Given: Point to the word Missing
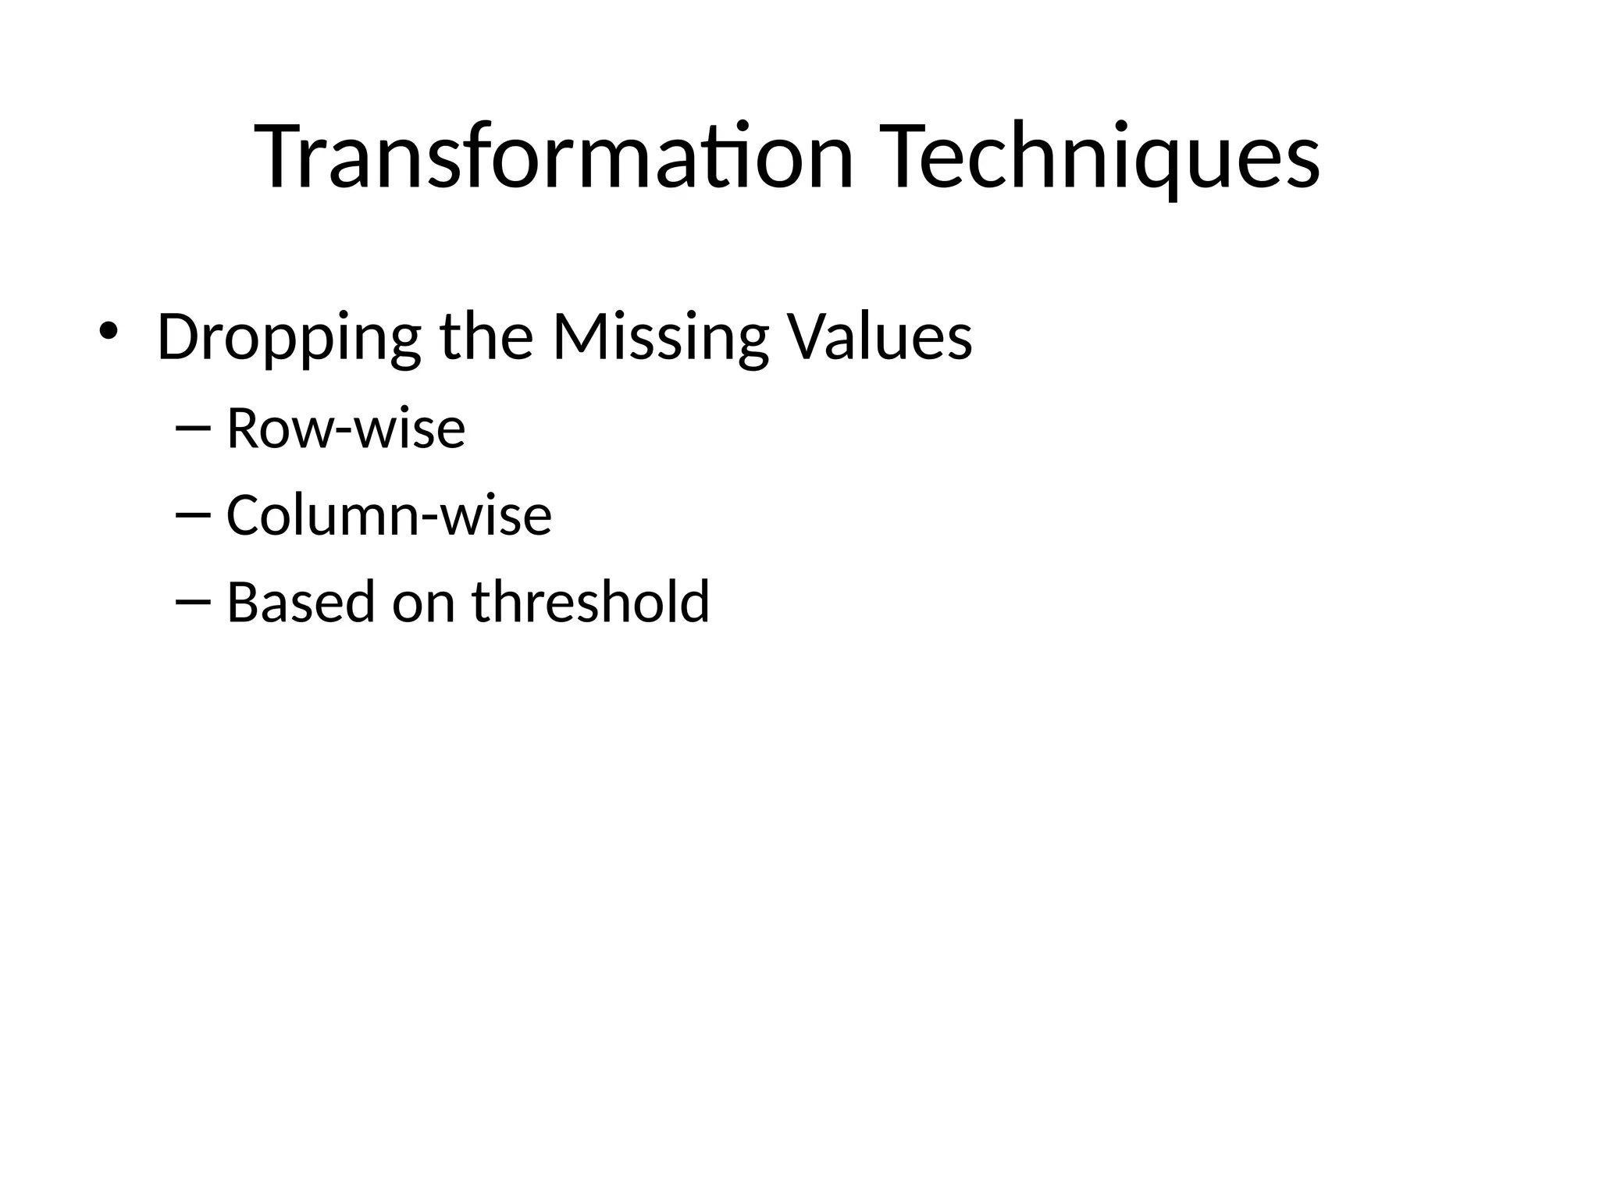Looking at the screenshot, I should pyautogui.click(x=661, y=337).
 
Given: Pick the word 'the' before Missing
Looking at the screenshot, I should pyautogui.click(x=486, y=337).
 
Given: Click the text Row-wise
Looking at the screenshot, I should pyautogui.click(x=345, y=429).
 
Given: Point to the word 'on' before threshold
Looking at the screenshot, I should pyautogui.click(x=423, y=603).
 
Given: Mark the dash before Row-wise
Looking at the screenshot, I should pyautogui.click(x=194, y=429).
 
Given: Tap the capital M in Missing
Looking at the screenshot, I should pyautogui.click(x=581, y=337).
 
